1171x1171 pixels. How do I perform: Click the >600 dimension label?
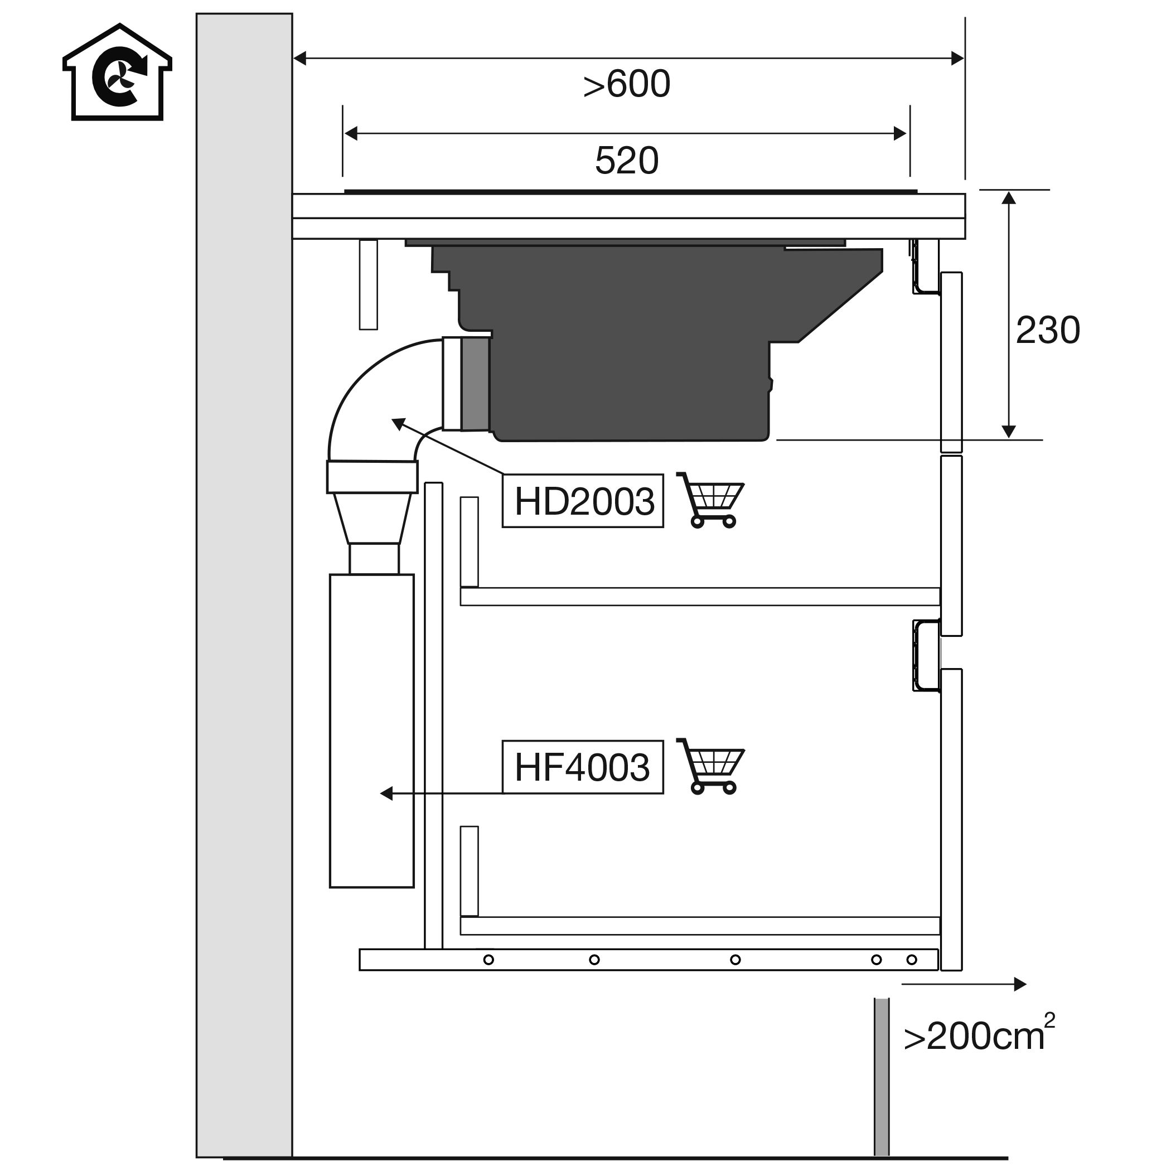pyautogui.click(x=626, y=84)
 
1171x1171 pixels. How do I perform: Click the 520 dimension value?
pyautogui.click(x=626, y=161)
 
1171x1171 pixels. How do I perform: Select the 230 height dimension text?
pyautogui.click(x=1047, y=331)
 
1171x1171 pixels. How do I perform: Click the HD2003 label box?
pyautogui.click(x=583, y=501)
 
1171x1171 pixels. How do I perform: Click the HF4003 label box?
pyautogui.click(x=583, y=767)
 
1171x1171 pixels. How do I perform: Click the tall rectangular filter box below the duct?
pyautogui.click(x=371, y=730)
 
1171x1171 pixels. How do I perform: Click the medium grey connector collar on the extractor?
pyautogui.click(x=475, y=384)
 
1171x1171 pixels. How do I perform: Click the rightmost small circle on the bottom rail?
pyautogui.click(x=912, y=960)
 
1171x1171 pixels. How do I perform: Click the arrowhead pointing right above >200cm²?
pyautogui.click(x=1020, y=985)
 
